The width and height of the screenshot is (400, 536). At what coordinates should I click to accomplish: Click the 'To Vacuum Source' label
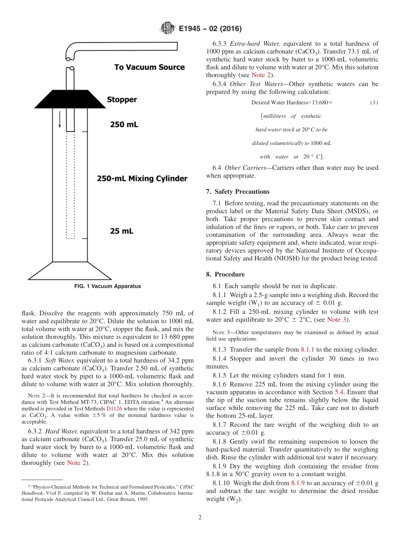point(149,67)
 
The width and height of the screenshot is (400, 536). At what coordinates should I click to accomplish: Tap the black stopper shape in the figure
point(70,99)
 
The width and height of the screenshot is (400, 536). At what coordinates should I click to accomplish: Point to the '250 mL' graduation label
point(124,125)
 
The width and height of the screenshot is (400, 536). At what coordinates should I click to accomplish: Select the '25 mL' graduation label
point(121,231)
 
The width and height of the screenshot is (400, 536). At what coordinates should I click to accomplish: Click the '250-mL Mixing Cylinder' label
point(142,178)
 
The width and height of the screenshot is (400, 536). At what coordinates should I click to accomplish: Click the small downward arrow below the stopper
point(60,120)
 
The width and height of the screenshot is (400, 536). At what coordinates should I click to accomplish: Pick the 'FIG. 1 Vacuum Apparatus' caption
point(107,287)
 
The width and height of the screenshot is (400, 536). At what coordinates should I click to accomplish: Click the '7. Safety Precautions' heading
point(237,191)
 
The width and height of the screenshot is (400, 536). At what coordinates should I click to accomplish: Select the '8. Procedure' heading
point(225,274)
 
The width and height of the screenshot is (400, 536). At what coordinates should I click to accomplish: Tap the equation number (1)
point(374,102)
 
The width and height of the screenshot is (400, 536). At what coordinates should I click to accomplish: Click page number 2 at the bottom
point(200,517)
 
